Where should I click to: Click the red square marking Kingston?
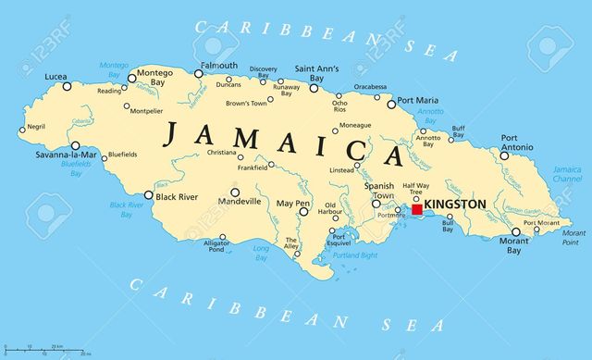click(417, 210)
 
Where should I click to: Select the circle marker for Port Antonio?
click(504, 155)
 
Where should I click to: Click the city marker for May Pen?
click(303, 212)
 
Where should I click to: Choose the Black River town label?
click(178, 196)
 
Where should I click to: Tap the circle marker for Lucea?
click(67, 86)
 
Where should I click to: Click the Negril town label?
click(36, 127)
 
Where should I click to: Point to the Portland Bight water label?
click(354, 254)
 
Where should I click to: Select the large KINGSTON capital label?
click(453, 204)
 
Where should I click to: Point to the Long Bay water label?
click(262, 252)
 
